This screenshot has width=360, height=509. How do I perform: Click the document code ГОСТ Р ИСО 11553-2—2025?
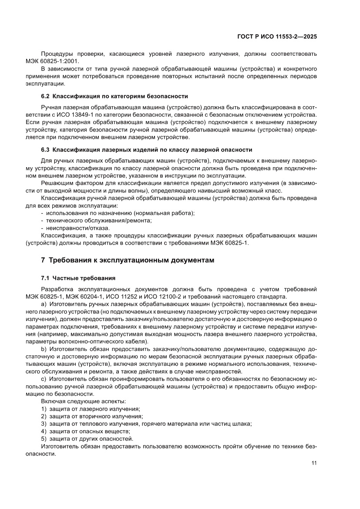coord(276,37)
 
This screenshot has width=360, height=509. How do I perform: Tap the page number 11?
coord(313,463)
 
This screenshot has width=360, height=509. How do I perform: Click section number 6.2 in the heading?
coord(45,96)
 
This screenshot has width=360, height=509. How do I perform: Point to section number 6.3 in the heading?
coord(45,149)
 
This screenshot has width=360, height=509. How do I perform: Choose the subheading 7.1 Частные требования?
coord(78,278)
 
